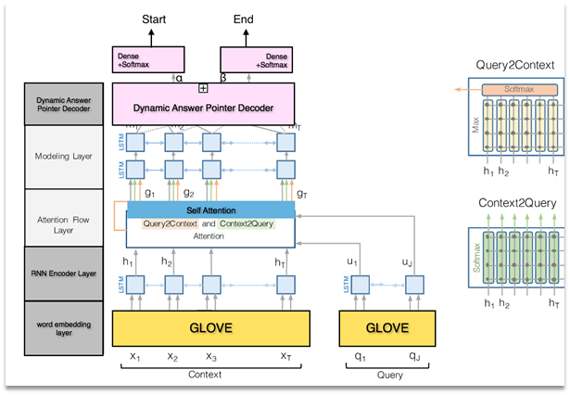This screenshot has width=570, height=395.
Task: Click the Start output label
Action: pyautogui.click(x=154, y=18)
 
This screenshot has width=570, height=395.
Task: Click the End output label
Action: pyautogui.click(x=242, y=18)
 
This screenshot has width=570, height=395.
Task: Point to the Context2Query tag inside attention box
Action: pyautogui.click(x=246, y=224)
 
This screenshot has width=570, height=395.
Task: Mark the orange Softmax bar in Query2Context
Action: pyautogui.click(x=519, y=90)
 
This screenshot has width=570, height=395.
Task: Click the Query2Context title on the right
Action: pyautogui.click(x=515, y=66)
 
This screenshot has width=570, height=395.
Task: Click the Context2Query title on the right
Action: pyautogui.click(x=515, y=202)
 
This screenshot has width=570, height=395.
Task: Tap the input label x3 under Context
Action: pyautogui.click(x=211, y=356)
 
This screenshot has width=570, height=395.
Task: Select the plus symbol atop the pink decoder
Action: pyautogui.click(x=202, y=88)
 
